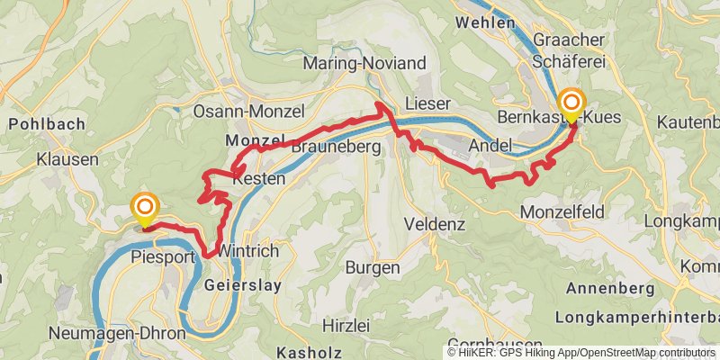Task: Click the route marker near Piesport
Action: point(144,209)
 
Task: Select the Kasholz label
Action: point(310,352)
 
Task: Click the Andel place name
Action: point(491,145)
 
